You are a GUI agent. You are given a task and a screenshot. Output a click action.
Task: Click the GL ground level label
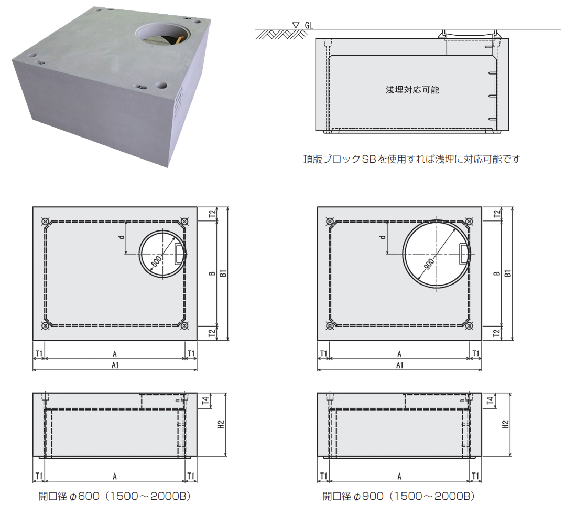(x=309, y=25)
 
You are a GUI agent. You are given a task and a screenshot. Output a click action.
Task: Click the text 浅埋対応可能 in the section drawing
(x=412, y=90)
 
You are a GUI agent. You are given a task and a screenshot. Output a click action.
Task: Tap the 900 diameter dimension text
(x=429, y=265)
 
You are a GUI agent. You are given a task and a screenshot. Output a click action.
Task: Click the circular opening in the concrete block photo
(x=162, y=34)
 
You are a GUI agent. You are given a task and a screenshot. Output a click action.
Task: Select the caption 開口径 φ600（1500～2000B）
(x=114, y=496)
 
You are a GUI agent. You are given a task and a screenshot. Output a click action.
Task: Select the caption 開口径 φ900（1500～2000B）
(x=398, y=496)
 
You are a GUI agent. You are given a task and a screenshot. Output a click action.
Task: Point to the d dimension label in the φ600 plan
(x=122, y=237)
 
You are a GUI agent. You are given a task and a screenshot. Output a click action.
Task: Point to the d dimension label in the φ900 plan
(x=383, y=237)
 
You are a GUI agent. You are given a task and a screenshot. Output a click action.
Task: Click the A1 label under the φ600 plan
(x=115, y=365)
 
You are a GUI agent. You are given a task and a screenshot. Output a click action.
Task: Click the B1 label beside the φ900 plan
(x=508, y=273)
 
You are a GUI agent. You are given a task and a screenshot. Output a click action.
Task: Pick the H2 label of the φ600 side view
(x=221, y=425)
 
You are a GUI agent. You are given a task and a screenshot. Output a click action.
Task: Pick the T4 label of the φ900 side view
(x=490, y=401)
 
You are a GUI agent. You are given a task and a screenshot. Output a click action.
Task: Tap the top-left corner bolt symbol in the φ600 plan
(x=45, y=222)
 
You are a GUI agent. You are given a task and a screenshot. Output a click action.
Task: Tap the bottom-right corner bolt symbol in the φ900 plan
(x=469, y=326)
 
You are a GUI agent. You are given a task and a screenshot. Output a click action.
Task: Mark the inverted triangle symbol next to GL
(x=296, y=25)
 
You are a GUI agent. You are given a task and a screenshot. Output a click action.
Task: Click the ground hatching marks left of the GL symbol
(x=281, y=35)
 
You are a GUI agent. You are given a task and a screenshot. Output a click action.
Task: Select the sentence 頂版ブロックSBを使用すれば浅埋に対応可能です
(x=412, y=159)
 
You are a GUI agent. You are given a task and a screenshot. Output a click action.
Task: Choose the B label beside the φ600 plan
(x=212, y=273)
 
